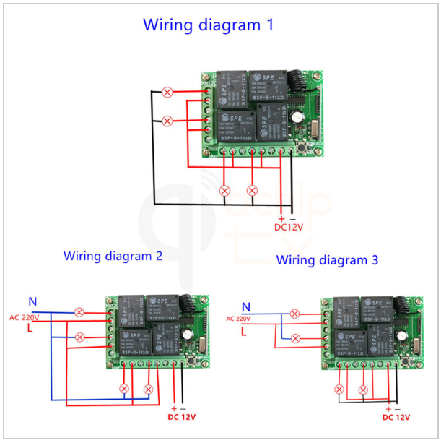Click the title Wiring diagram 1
[208, 25]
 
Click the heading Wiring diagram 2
[113, 256]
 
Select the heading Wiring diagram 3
[327, 259]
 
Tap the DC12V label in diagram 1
[288, 227]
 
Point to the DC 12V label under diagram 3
[396, 417]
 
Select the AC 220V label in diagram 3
[237, 318]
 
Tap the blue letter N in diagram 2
[32, 301]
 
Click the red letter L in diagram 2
[30, 329]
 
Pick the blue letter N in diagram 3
[246, 306]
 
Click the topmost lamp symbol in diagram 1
[167, 92]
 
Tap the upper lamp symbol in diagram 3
[294, 314]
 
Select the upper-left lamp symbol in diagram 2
[79, 312]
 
